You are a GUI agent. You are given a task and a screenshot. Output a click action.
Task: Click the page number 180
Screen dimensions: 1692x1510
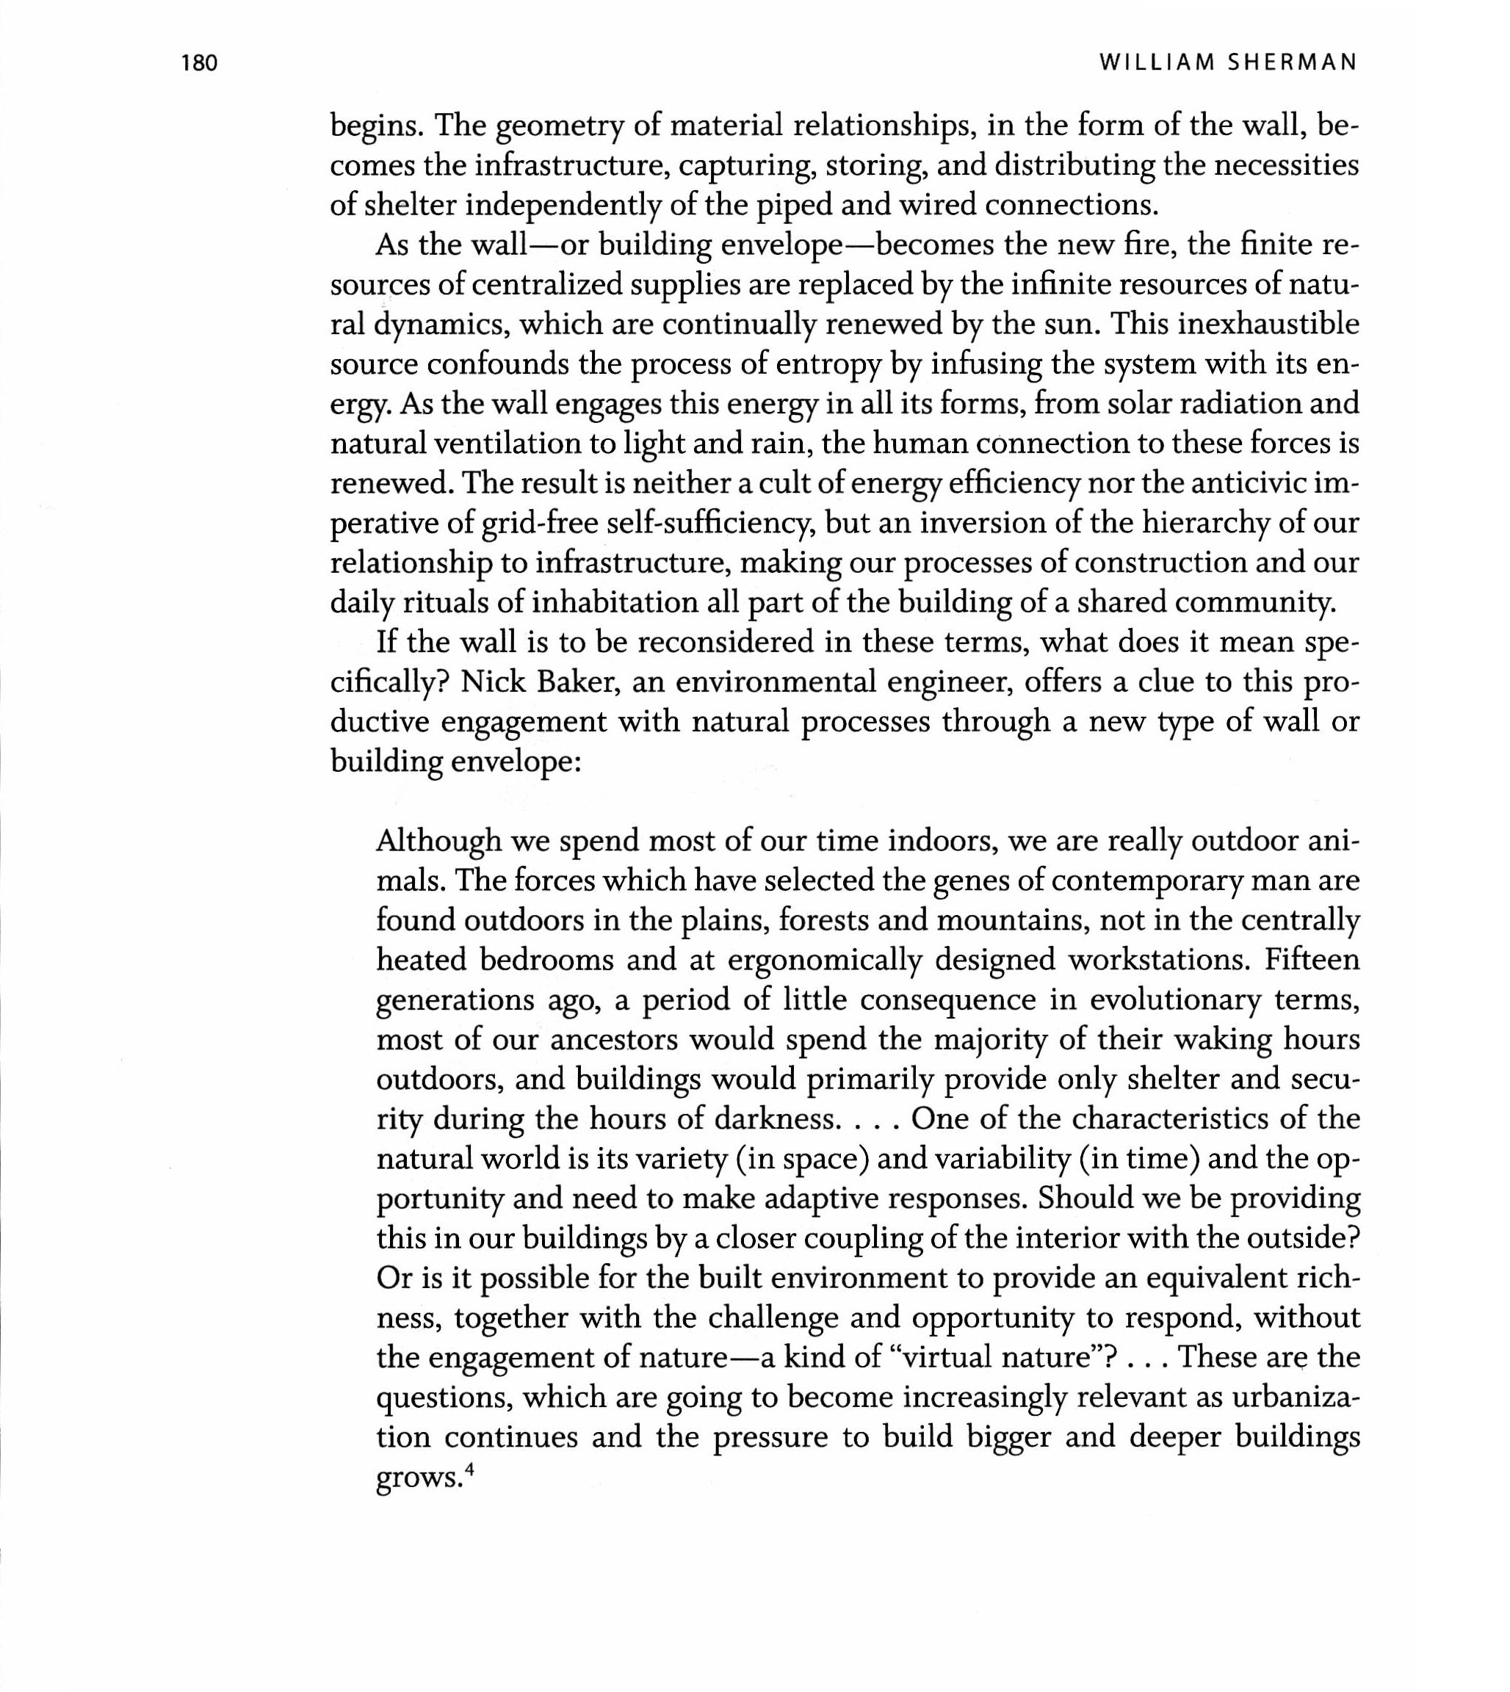click(199, 63)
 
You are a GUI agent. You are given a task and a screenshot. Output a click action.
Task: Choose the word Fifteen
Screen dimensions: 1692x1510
click(1312, 961)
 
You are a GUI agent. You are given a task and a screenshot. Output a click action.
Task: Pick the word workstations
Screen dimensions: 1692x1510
click(1158, 961)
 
